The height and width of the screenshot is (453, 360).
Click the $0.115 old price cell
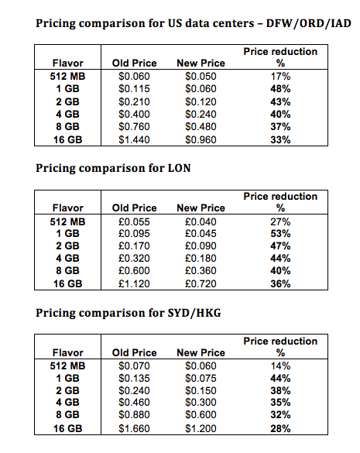pyautogui.click(x=134, y=89)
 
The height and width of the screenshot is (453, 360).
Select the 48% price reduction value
pyautogui.click(x=280, y=89)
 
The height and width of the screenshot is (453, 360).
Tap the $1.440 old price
pyautogui.click(x=134, y=140)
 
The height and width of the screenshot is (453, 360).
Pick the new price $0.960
pyautogui.click(x=201, y=140)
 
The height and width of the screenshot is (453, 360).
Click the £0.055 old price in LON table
pyautogui.click(x=134, y=222)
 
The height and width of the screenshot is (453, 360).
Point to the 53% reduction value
pyautogui.click(x=280, y=233)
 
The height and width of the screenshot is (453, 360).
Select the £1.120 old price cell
pyautogui.click(x=134, y=283)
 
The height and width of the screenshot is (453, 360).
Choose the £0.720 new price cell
pyautogui.click(x=201, y=283)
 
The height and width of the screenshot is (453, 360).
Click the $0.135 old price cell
pyautogui.click(x=134, y=378)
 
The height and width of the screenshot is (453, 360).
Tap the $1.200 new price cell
pyautogui.click(x=201, y=428)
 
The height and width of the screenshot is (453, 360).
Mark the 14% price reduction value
pyautogui.click(x=280, y=366)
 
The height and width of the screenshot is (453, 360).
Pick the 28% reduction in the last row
pyautogui.click(x=280, y=428)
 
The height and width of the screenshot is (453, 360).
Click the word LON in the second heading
pyautogui.click(x=179, y=168)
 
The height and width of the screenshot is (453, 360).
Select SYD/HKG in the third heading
pyautogui.click(x=194, y=313)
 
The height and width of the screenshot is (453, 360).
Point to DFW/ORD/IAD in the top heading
pyautogui.click(x=309, y=23)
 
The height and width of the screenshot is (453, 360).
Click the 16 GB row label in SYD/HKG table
pyautogui.click(x=67, y=428)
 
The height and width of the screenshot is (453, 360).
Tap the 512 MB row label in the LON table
pyautogui.click(x=67, y=222)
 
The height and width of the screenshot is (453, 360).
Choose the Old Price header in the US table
pyautogui.click(x=135, y=63)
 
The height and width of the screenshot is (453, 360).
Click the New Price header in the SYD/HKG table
pyautogui.click(x=201, y=353)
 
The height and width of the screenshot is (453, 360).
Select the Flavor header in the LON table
pyautogui.click(x=68, y=208)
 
